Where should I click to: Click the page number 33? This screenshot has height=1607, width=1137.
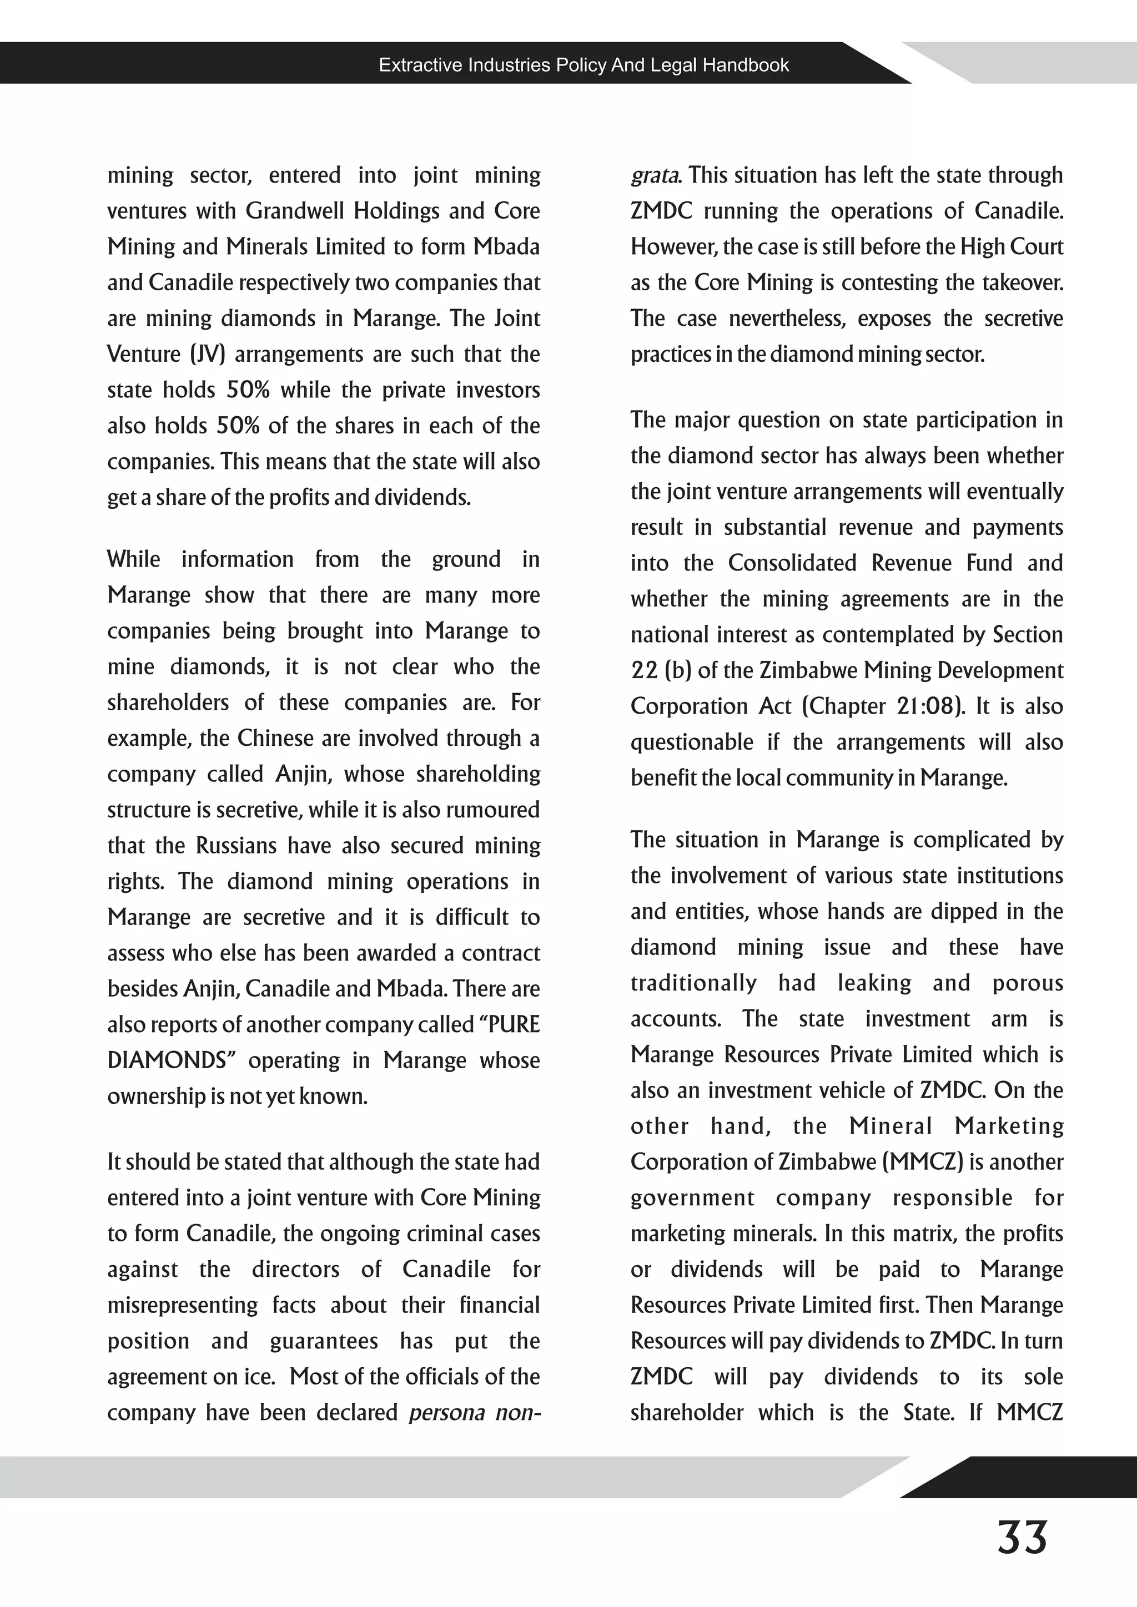(1022, 1537)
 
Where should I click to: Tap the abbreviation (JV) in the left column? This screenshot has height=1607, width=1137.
(207, 354)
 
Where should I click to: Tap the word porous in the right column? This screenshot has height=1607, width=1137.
(1027, 983)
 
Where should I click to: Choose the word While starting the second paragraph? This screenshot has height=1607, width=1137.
(133, 559)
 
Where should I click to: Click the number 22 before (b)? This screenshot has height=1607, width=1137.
(643, 670)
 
